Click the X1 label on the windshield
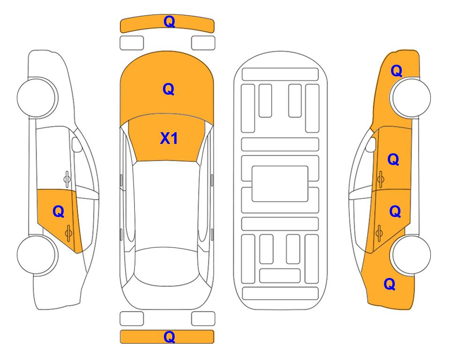[x=169, y=138]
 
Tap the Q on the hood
[x=169, y=89]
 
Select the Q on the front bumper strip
[x=169, y=21]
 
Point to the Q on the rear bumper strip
[x=169, y=337]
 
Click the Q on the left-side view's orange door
[x=59, y=212]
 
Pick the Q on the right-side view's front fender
[x=396, y=71]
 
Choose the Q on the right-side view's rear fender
[x=390, y=284]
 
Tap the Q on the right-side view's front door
[x=393, y=159]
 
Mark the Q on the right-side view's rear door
[x=395, y=212]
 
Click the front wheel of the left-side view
[x=37, y=97]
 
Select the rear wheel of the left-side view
[x=37, y=255]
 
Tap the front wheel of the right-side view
[x=411, y=97]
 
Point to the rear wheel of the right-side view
[x=411, y=255]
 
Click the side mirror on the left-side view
[x=76, y=144]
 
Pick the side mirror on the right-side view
[x=370, y=144]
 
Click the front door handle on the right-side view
[x=380, y=179]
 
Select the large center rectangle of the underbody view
[x=280, y=184]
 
